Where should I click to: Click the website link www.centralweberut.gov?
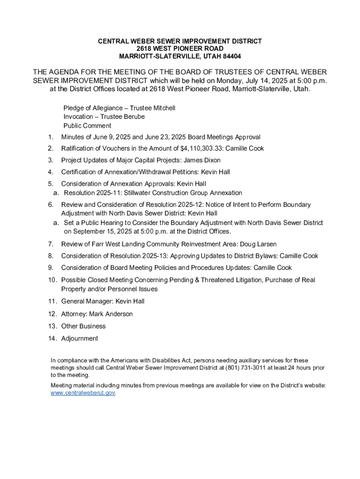pyautogui.click(x=82, y=393)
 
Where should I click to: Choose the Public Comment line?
pyautogui.click(x=87, y=125)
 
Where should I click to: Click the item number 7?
pyautogui.click(x=50, y=244)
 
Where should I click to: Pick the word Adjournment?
pyautogui.click(x=79, y=338)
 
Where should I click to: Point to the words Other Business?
pyautogui.click(x=83, y=326)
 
